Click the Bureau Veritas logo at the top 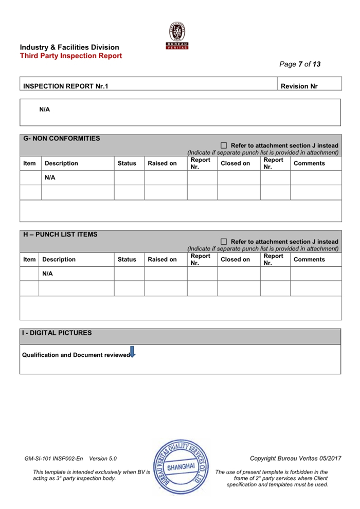point(177,36)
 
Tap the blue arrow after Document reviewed point(132,352)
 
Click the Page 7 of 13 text point(300,64)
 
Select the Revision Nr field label point(299,86)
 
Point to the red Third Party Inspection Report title point(71,56)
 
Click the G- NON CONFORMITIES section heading point(62,138)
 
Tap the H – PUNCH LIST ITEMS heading point(60,234)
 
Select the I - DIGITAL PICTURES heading point(57,333)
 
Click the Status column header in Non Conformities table point(127,163)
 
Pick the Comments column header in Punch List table point(309,260)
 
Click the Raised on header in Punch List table point(162,260)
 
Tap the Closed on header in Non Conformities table point(235,163)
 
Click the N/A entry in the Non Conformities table point(50,178)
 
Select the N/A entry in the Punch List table point(47,274)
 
